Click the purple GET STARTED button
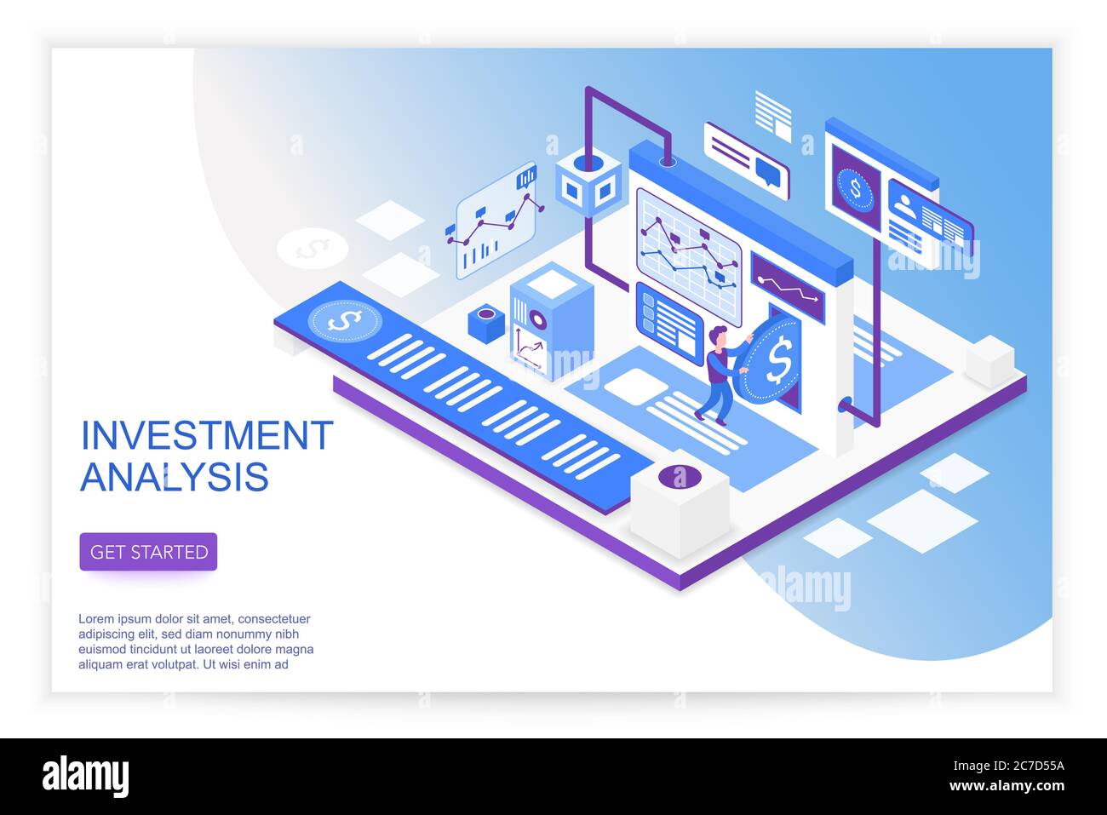coord(148,552)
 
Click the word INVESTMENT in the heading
coord(207,435)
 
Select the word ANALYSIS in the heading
coord(175,477)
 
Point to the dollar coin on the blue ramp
coord(345,321)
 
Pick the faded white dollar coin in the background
coord(313,249)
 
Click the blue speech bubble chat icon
coord(767,172)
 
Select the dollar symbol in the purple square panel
coord(856,188)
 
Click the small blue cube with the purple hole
coord(486,324)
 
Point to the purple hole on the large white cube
coord(680,476)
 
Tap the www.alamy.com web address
coord(1007,785)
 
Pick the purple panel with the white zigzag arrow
coord(788,287)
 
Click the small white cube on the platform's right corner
coord(989,361)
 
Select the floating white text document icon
coord(773,116)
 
